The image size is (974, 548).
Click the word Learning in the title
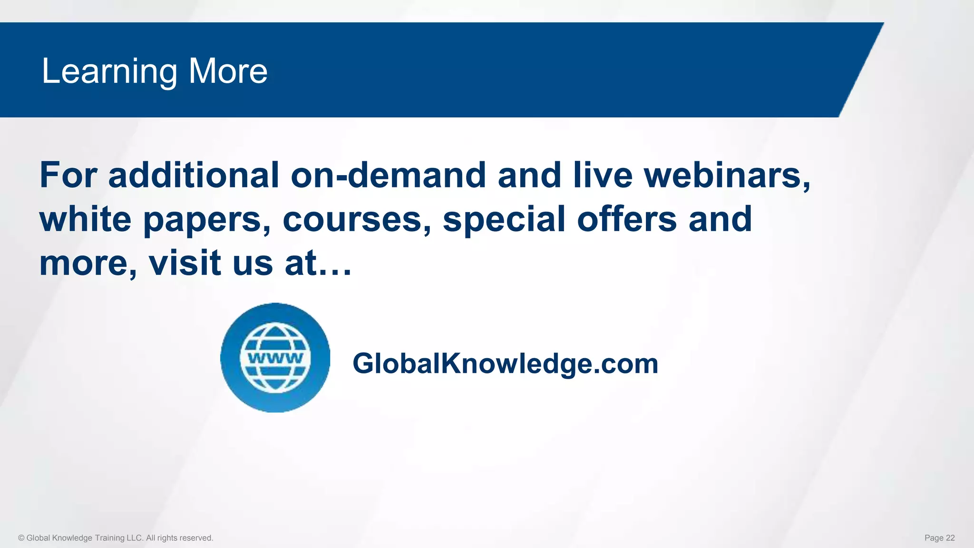tap(109, 71)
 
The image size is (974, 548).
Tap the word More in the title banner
tap(228, 71)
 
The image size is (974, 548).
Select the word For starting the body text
tap(68, 175)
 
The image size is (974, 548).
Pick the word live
tap(603, 175)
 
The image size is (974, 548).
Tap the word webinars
tap(727, 175)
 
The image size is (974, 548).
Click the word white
tap(85, 219)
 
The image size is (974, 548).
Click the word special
tap(504, 220)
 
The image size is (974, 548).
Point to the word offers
tap(627, 219)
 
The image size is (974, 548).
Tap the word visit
tap(185, 263)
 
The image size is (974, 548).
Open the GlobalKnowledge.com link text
tap(505, 364)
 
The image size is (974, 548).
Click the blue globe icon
tap(275, 358)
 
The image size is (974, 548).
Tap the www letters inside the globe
tap(275, 358)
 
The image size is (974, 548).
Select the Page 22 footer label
tap(939, 538)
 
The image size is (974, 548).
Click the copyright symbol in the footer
tap(21, 538)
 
